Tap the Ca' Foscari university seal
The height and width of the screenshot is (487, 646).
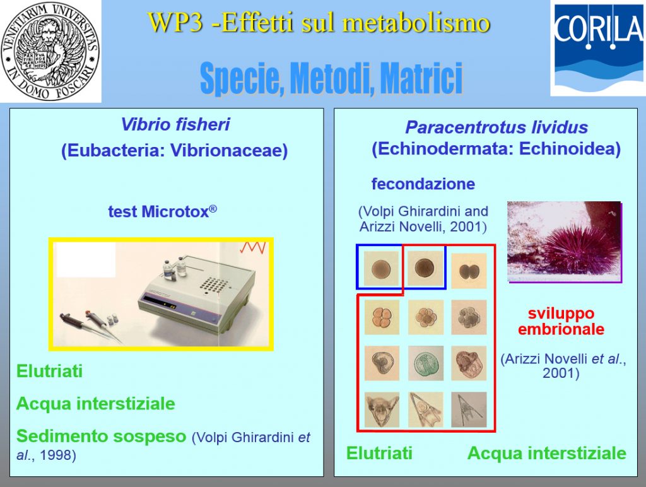tap(50, 50)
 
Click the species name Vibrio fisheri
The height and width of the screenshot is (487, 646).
tap(175, 124)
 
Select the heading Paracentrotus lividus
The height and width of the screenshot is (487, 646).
tap(496, 127)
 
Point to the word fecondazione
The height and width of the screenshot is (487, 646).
tap(423, 184)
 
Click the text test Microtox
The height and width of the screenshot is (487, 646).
tap(162, 211)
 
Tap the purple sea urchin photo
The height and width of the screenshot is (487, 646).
tap(564, 242)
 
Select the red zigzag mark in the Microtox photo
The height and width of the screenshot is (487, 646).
tap(252, 248)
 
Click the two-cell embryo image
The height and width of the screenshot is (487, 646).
tap(469, 271)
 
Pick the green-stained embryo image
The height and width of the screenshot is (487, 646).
tap(426, 363)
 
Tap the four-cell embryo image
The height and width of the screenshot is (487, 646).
tap(382, 317)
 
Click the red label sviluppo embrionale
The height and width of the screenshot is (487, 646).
tap(561, 321)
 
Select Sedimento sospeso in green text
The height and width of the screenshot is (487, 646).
tap(102, 436)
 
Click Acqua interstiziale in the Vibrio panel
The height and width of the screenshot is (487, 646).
tap(96, 404)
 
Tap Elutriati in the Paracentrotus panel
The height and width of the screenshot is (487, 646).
tap(379, 453)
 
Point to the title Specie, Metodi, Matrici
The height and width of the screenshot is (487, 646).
tap(331, 78)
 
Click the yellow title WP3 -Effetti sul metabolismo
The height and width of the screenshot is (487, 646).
tap(319, 22)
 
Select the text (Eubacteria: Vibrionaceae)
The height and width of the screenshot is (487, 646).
tap(174, 150)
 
